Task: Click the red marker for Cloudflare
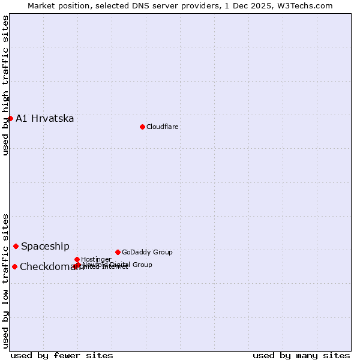click(142, 127)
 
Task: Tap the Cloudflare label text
click(163, 127)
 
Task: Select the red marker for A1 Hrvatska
click(10, 118)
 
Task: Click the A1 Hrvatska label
click(45, 118)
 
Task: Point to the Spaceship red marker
click(16, 246)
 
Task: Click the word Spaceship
click(45, 246)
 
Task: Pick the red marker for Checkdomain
click(14, 266)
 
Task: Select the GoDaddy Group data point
click(118, 252)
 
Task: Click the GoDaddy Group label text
click(147, 252)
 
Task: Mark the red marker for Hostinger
click(77, 259)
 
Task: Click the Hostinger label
click(96, 259)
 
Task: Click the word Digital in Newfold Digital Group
click(121, 265)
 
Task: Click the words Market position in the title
click(59, 5)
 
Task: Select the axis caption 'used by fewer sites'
click(62, 355)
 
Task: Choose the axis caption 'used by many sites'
click(301, 355)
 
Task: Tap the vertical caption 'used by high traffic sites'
click(5, 85)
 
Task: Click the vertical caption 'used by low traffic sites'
click(5, 280)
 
